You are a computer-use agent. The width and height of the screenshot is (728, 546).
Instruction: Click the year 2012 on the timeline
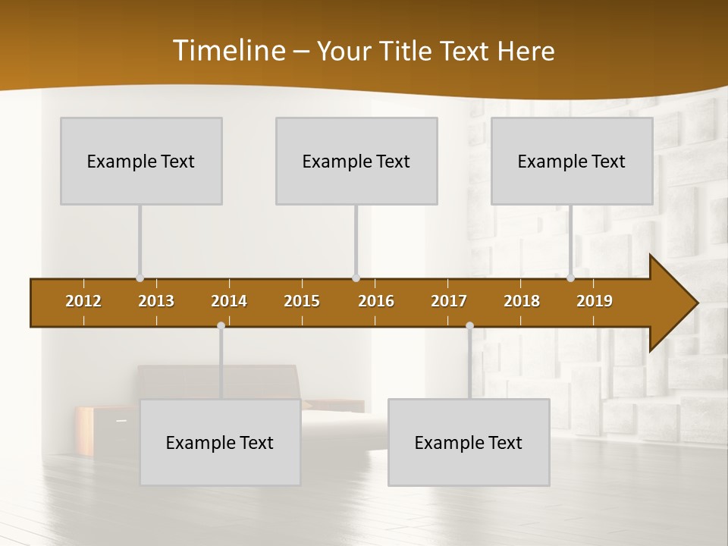(83, 301)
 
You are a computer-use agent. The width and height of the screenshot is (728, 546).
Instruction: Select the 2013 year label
(156, 301)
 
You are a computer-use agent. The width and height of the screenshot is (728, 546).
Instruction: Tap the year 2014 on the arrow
(229, 301)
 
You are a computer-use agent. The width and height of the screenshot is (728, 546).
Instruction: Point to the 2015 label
(302, 301)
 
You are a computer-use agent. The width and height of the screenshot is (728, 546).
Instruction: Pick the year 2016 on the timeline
(376, 301)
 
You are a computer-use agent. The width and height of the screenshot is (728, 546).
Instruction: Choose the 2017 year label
(449, 301)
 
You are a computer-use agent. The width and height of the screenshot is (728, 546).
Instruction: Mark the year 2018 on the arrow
(522, 301)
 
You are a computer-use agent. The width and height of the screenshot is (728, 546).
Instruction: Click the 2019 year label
(595, 301)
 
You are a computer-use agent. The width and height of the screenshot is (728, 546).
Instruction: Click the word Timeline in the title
(228, 51)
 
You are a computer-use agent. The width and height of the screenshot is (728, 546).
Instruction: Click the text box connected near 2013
(141, 161)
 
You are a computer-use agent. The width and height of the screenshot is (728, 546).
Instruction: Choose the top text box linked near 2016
(356, 161)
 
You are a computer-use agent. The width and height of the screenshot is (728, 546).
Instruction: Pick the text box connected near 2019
(572, 161)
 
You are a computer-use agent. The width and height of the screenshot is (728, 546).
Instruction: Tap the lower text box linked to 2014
(220, 442)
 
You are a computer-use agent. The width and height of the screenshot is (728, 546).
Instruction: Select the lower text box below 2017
(469, 442)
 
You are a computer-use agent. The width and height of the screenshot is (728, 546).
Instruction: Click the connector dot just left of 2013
(140, 278)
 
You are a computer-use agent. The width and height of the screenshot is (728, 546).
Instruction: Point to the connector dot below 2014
(221, 326)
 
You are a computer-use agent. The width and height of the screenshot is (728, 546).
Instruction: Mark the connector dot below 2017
(469, 326)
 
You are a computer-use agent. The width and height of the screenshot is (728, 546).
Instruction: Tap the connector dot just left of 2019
(570, 278)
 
